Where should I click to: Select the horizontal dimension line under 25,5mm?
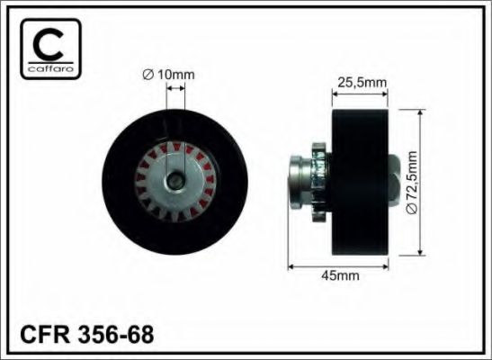tap(359, 93)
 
